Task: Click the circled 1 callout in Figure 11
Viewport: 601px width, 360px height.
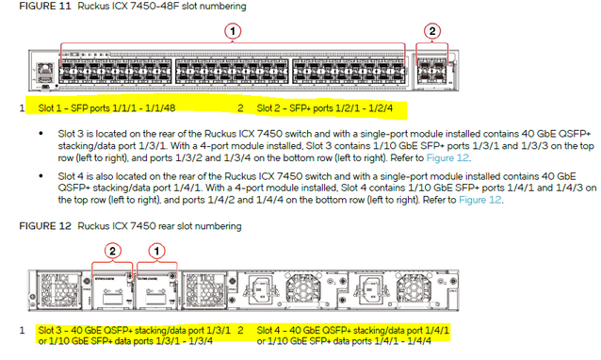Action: click(x=233, y=31)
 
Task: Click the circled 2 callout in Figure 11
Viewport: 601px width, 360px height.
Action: click(x=432, y=31)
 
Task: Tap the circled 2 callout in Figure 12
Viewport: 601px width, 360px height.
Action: click(x=112, y=251)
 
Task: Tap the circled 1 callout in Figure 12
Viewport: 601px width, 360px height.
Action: click(x=156, y=251)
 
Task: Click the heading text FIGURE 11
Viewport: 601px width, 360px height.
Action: click(x=45, y=7)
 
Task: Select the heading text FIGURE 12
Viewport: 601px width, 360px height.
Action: click(x=45, y=226)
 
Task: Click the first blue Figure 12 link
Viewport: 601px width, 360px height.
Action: click(x=447, y=157)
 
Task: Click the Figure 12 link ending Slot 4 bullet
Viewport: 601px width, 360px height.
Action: click(x=479, y=200)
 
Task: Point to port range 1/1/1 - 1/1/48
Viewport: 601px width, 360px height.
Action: click(x=144, y=108)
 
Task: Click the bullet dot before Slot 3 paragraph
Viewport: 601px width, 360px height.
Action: click(x=41, y=134)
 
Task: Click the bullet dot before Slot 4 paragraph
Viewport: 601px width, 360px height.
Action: click(x=41, y=176)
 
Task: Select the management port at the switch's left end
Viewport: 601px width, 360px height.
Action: click(x=45, y=69)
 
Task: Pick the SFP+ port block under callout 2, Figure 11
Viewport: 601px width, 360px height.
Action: click(x=432, y=72)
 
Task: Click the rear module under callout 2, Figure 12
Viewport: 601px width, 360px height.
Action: click(x=113, y=291)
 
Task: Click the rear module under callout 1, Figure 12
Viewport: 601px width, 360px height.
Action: click(x=156, y=291)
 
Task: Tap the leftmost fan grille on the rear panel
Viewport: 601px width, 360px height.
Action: click(x=59, y=290)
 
